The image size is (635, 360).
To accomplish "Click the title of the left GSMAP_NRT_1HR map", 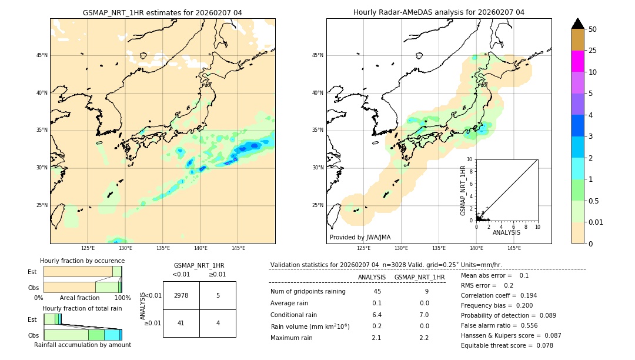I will point(162,12).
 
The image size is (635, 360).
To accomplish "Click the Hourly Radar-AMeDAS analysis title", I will point(439,12).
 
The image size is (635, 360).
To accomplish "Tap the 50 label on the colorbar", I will point(593,29).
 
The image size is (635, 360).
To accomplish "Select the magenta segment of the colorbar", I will point(577,61).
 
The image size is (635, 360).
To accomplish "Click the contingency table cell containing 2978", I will point(181,295).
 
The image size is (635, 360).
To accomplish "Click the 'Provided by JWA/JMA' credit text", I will point(360,237).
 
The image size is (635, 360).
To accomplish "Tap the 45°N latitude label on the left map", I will point(42,55).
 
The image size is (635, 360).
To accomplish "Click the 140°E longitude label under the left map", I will point(200,248).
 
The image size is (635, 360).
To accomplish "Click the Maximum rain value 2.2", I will point(423,338).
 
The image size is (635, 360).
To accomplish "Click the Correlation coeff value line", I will point(499,295).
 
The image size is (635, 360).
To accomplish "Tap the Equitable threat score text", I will point(507,345).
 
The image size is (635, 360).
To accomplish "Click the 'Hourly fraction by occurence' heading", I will point(82,261).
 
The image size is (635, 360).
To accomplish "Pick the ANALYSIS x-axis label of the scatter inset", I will point(506,232).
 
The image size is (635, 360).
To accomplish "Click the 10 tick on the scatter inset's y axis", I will point(470,159).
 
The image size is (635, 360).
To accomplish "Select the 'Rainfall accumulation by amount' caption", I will point(82,345).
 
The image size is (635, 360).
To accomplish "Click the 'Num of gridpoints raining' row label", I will point(308,292).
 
